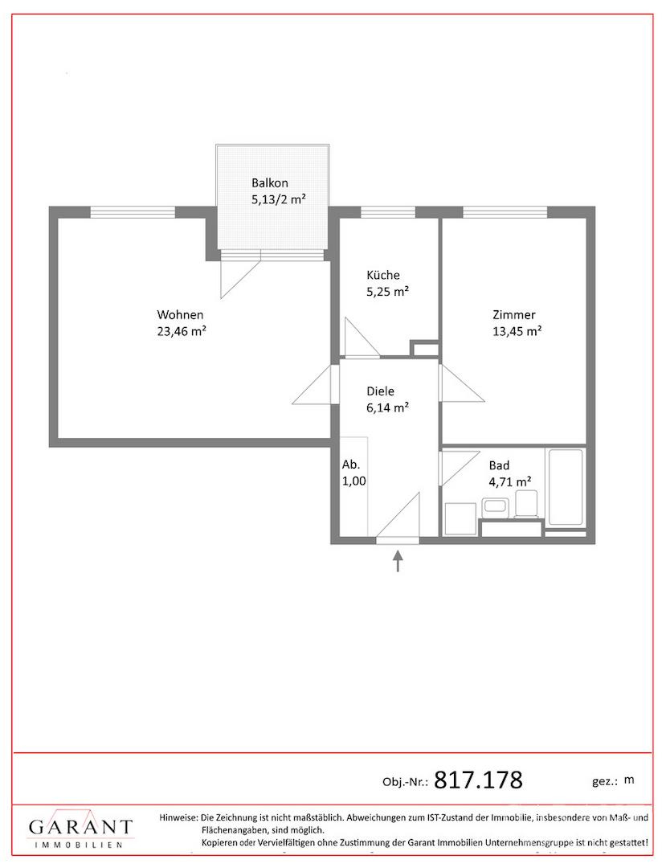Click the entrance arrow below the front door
[398, 561]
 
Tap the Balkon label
[270, 182]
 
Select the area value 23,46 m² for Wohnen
[182, 332]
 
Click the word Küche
[382, 275]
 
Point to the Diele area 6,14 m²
[387, 408]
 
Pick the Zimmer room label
[514, 315]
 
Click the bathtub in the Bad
[566, 486]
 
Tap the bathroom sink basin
[495, 506]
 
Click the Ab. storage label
[351, 465]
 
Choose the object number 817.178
[479, 780]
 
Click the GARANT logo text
[81, 827]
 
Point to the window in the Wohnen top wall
[133, 212]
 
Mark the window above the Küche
[388, 212]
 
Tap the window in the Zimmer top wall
[505, 212]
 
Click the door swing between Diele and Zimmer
[462, 383]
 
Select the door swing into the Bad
[459, 469]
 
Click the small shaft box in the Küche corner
[424, 348]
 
